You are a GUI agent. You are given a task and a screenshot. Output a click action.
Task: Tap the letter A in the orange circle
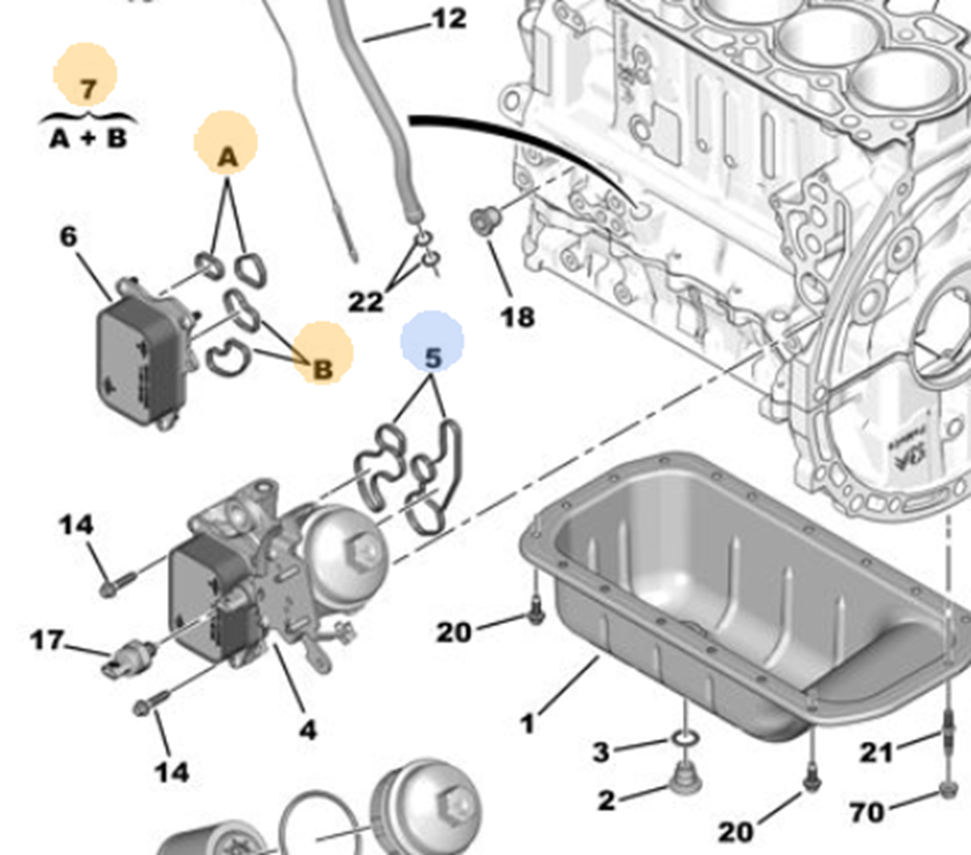(226, 157)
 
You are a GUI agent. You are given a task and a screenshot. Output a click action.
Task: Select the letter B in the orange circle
(323, 369)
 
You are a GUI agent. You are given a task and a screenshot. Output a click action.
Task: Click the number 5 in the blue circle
(433, 356)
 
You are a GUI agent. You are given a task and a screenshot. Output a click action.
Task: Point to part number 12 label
(448, 18)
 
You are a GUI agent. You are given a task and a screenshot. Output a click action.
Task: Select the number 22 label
(366, 302)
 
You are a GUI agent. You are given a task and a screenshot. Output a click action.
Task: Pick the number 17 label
(46, 641)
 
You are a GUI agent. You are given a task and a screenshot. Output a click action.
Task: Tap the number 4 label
(307, 729)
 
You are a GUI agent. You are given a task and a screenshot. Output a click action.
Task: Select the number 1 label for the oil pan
(527, 724)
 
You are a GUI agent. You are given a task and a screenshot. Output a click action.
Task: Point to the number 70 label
(868, 810)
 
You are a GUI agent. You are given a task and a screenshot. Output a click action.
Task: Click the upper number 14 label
(76, 525)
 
